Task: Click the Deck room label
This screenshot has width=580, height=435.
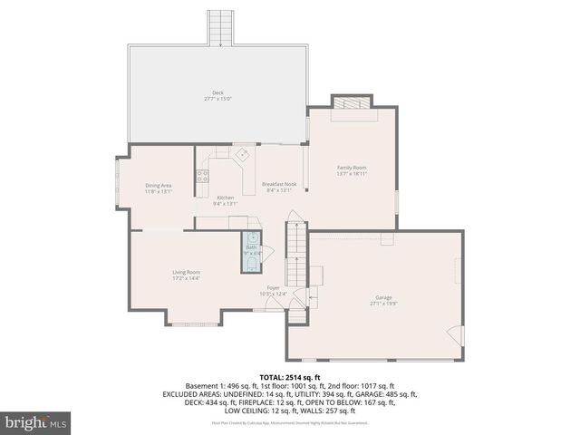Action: click(x=217, y=92)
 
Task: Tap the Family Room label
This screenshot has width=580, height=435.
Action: click(x=352, y=168)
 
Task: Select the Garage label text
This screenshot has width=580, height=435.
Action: click(x=384, y=297)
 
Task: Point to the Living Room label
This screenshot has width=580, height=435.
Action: click(x=187, y=272)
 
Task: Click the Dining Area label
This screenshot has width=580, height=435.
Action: click(x=159, y=186)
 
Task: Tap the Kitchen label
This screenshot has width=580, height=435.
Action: click(x=225, y=198)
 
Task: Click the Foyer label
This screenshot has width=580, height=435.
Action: click(x=273, y=287)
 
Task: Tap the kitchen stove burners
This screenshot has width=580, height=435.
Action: click(x=203, y=176)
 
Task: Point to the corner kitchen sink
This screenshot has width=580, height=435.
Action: click(x=241, y=155)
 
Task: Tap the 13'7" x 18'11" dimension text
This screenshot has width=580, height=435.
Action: click(x=352, y=174)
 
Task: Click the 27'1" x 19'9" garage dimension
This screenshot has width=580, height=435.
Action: click(x=384, y=304)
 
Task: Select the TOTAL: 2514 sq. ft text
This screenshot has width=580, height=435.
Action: click(x=290, y=375)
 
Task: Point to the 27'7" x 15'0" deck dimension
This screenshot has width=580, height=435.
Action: click(x=217, y=99)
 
